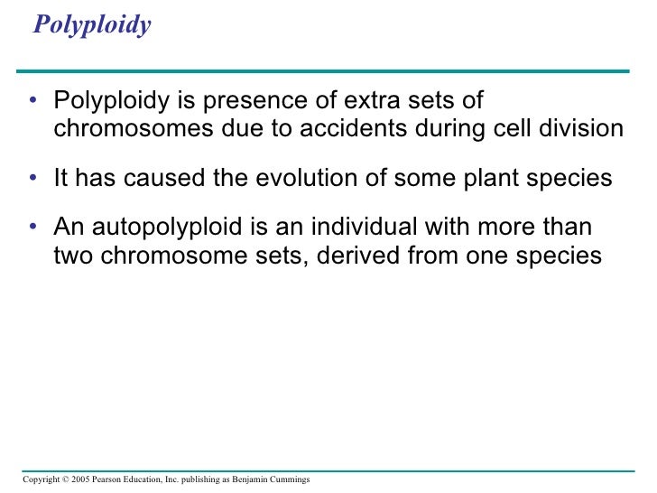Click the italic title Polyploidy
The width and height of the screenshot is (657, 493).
(91, 25)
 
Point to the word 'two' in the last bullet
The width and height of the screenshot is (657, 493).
(72, 256)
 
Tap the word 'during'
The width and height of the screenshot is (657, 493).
(449, 129)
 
